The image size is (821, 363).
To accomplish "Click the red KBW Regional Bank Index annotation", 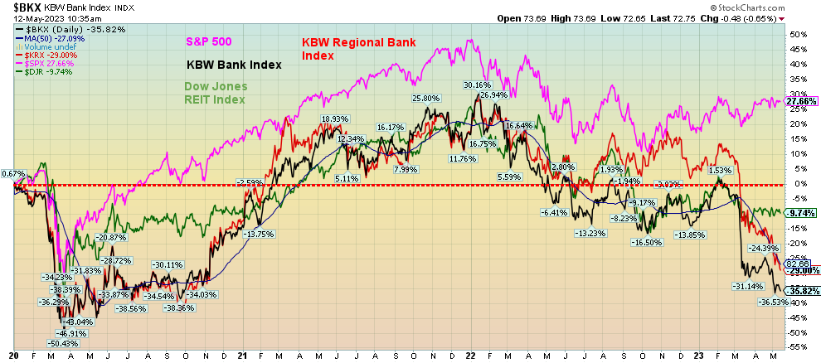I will coord(357,49).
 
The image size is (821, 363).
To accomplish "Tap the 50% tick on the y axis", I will coord(797,35).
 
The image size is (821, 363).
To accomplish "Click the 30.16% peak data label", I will coord(477,85).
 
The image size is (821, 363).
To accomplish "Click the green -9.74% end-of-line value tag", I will coord(803,213).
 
